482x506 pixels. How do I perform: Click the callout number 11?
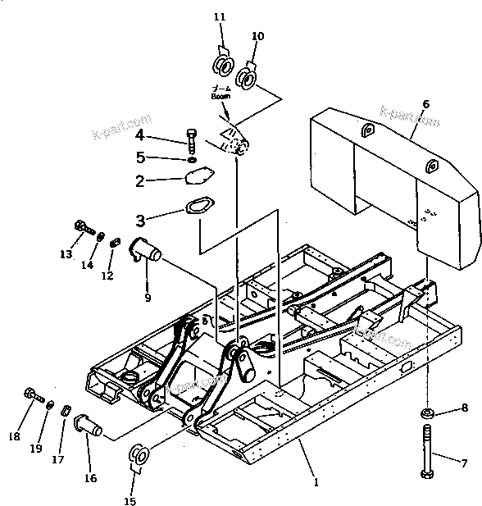218,16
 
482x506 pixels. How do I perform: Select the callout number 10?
257,36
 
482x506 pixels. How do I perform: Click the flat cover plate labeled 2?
199,176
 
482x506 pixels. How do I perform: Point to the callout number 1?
316,483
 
